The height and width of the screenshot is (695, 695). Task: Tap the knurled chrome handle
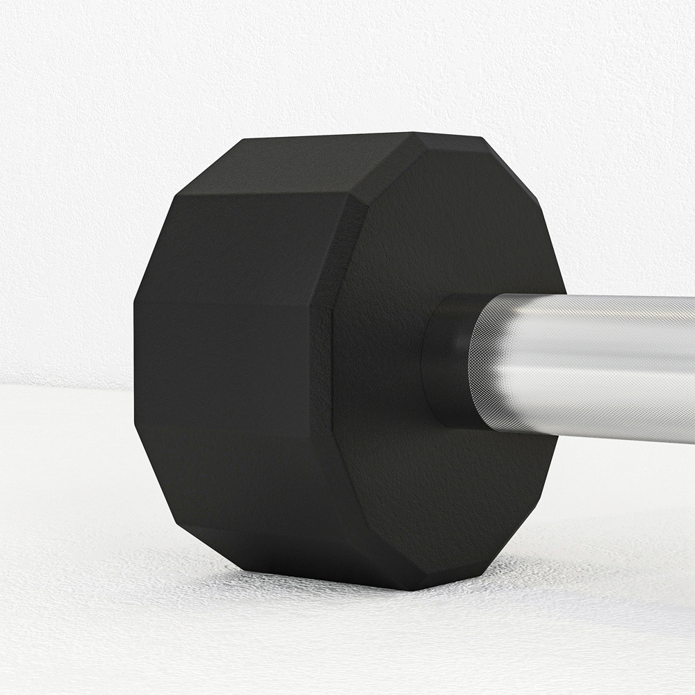tap(591, 361)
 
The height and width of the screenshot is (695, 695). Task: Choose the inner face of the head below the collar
tap(445, 500)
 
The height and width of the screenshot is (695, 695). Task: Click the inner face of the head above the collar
tap(445, 222)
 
